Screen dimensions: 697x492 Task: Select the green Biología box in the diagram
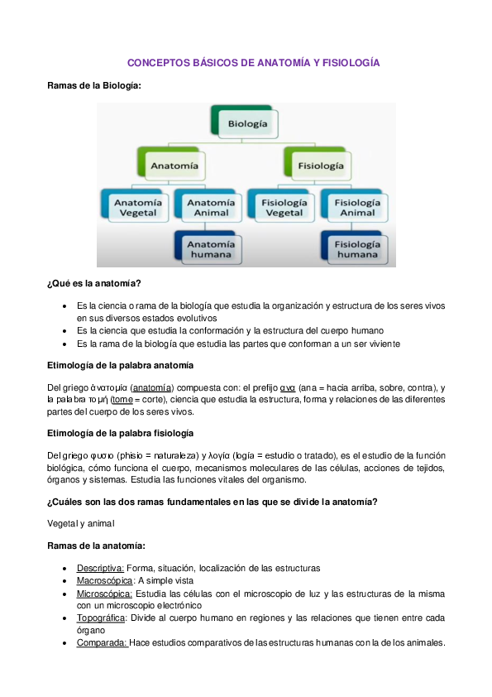(246, 124)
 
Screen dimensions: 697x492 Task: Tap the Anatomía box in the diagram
(174, 166)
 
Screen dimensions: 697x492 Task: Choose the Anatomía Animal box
(210, 206)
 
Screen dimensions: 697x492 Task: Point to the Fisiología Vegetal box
(283, 206)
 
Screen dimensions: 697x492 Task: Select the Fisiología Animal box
(356, 206)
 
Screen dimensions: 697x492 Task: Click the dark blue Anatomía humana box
(210, 248)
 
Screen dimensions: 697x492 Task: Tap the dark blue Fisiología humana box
(356, 248)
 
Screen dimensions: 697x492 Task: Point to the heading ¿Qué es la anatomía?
(93, 284)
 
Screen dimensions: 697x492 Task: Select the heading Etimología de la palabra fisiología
(121, 434)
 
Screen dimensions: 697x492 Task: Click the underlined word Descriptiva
(100, 568)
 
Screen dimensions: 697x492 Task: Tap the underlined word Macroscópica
(104, 581)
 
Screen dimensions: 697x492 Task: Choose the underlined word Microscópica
(104, 594)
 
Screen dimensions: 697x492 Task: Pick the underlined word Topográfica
(102, 618)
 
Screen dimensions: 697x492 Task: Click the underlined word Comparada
(102, 642)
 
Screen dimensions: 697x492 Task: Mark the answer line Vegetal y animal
(81, 523)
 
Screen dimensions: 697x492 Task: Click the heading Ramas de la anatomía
(96, 546)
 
